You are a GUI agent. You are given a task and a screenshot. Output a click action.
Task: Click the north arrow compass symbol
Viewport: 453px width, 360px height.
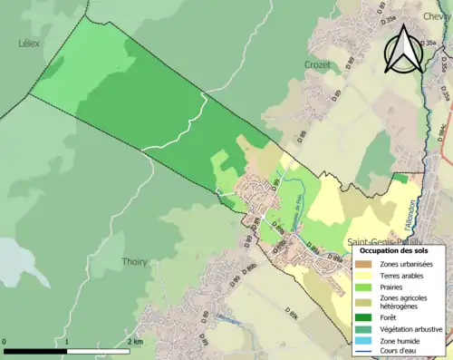tap(404, 50)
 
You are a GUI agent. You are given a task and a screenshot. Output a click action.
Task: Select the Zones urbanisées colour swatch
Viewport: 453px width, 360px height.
tap(363, 264)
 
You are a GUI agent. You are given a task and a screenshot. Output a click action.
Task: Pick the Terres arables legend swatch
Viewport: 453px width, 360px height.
tap(363, 276)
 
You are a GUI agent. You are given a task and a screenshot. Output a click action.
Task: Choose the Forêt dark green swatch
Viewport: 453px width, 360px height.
tap(363, 317)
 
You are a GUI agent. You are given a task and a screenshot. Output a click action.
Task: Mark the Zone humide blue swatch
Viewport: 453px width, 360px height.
tap(363, 340)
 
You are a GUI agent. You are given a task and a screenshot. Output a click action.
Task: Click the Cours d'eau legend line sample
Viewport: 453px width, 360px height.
tap(363, 351)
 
